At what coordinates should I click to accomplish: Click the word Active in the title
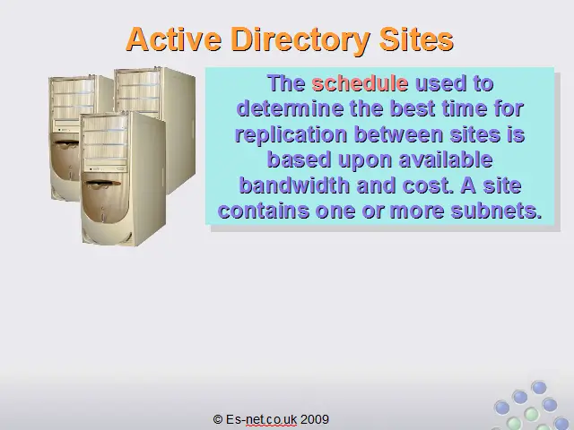coord(174,39)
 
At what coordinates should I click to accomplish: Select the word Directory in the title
coord(300,40)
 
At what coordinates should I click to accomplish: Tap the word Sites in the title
coord(416,39)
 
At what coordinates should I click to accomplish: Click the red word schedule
coord(360,83)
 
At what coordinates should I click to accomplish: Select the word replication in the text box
coord(291,135)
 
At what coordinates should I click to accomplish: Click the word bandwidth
coord(294,185)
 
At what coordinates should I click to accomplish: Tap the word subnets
coord(496,211)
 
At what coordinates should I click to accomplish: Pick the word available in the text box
coord(446,159)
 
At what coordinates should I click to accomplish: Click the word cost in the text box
coord(428,185)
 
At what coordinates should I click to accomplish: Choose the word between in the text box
coord(398,134)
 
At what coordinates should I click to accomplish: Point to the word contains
coord(264,211)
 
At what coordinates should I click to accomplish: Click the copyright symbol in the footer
coord(218,419)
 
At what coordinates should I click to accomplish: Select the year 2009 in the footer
coord(315,419)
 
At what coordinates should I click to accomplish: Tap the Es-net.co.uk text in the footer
coord(261,419)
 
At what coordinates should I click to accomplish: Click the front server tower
coord(123,179)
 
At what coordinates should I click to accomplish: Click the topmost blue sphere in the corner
coord(538,388)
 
